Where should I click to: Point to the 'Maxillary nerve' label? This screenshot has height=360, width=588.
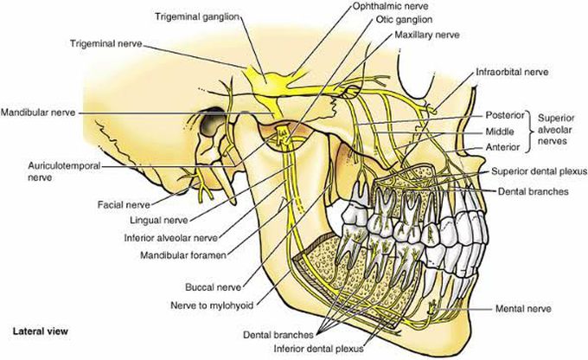click(x=425, y=35)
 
